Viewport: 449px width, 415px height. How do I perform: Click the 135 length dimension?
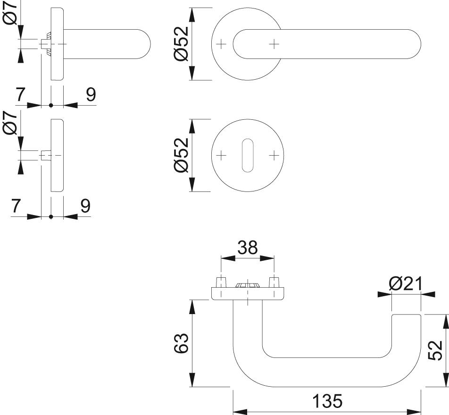[x=327, y=401]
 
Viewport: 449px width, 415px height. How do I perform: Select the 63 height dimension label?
[x=181, y=343]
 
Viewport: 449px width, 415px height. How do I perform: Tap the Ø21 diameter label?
[x=406, y=284]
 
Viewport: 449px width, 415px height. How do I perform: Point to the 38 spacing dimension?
[x=248, y=248]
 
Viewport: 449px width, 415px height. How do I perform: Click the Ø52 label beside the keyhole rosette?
[x=182, y=155]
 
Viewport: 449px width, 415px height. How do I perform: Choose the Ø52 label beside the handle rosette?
[x=182, y=43]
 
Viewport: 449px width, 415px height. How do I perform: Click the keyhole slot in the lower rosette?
[x=248, y=156]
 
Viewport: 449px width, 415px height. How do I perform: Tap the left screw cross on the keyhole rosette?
[x=221, y=156]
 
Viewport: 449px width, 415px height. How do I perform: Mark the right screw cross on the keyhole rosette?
[x=274, y=156]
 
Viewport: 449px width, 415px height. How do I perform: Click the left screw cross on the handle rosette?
[x=221, y=44]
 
